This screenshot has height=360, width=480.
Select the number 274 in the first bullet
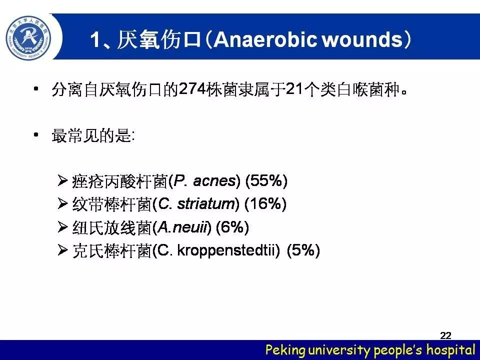[x=192, y=89]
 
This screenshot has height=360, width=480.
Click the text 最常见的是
[x=91, y=135]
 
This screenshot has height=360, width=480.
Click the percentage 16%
[x=265, y=204]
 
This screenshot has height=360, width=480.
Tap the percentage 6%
[x=232, y=227]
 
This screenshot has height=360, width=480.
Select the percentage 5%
[x=303, y=250]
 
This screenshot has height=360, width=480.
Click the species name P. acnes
[x=205, y=180]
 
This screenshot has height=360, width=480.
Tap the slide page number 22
[x=445, y=335]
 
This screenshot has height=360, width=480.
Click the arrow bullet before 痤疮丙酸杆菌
[x=62, y=180]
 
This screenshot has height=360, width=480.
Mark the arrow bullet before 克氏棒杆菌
[x=62, y=250]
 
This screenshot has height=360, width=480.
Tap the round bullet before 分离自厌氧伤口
[x=36, y=89]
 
